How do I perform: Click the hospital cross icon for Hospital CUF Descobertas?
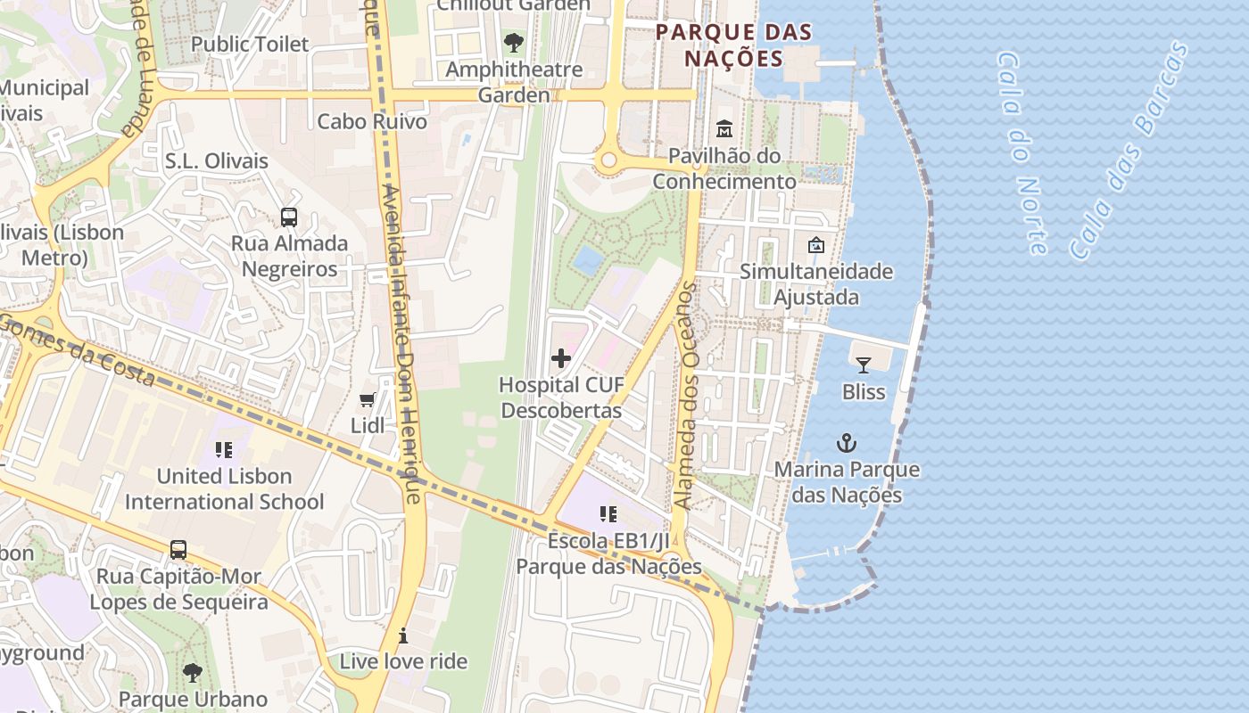(x=561, y=358)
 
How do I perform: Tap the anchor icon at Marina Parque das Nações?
(x=846, y=443)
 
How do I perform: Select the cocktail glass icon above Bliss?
(x=863, y=365)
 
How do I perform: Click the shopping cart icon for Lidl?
(x=367, y=400)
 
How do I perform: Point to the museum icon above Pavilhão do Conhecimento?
(x=724, y=129)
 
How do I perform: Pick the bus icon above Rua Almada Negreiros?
(x=289, y=217)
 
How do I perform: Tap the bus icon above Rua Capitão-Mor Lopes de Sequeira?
(x=178, y=549)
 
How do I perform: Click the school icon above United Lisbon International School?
(x=224, y=450)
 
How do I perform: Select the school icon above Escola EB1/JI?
(x=608, y=514)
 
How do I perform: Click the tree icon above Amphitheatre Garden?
(x=514, y=42)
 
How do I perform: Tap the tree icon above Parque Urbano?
(x=192, y=672)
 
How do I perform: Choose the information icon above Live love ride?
(x=403, y=635)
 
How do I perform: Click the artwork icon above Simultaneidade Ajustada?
(x=815, y=245)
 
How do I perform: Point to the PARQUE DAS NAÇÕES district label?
(x=733, y=45)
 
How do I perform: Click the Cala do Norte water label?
(x=1021, y=152)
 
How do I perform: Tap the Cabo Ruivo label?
(x=372, y=121)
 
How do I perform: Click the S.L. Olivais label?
(x=216, y=161)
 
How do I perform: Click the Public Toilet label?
(x=250, y=44)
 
